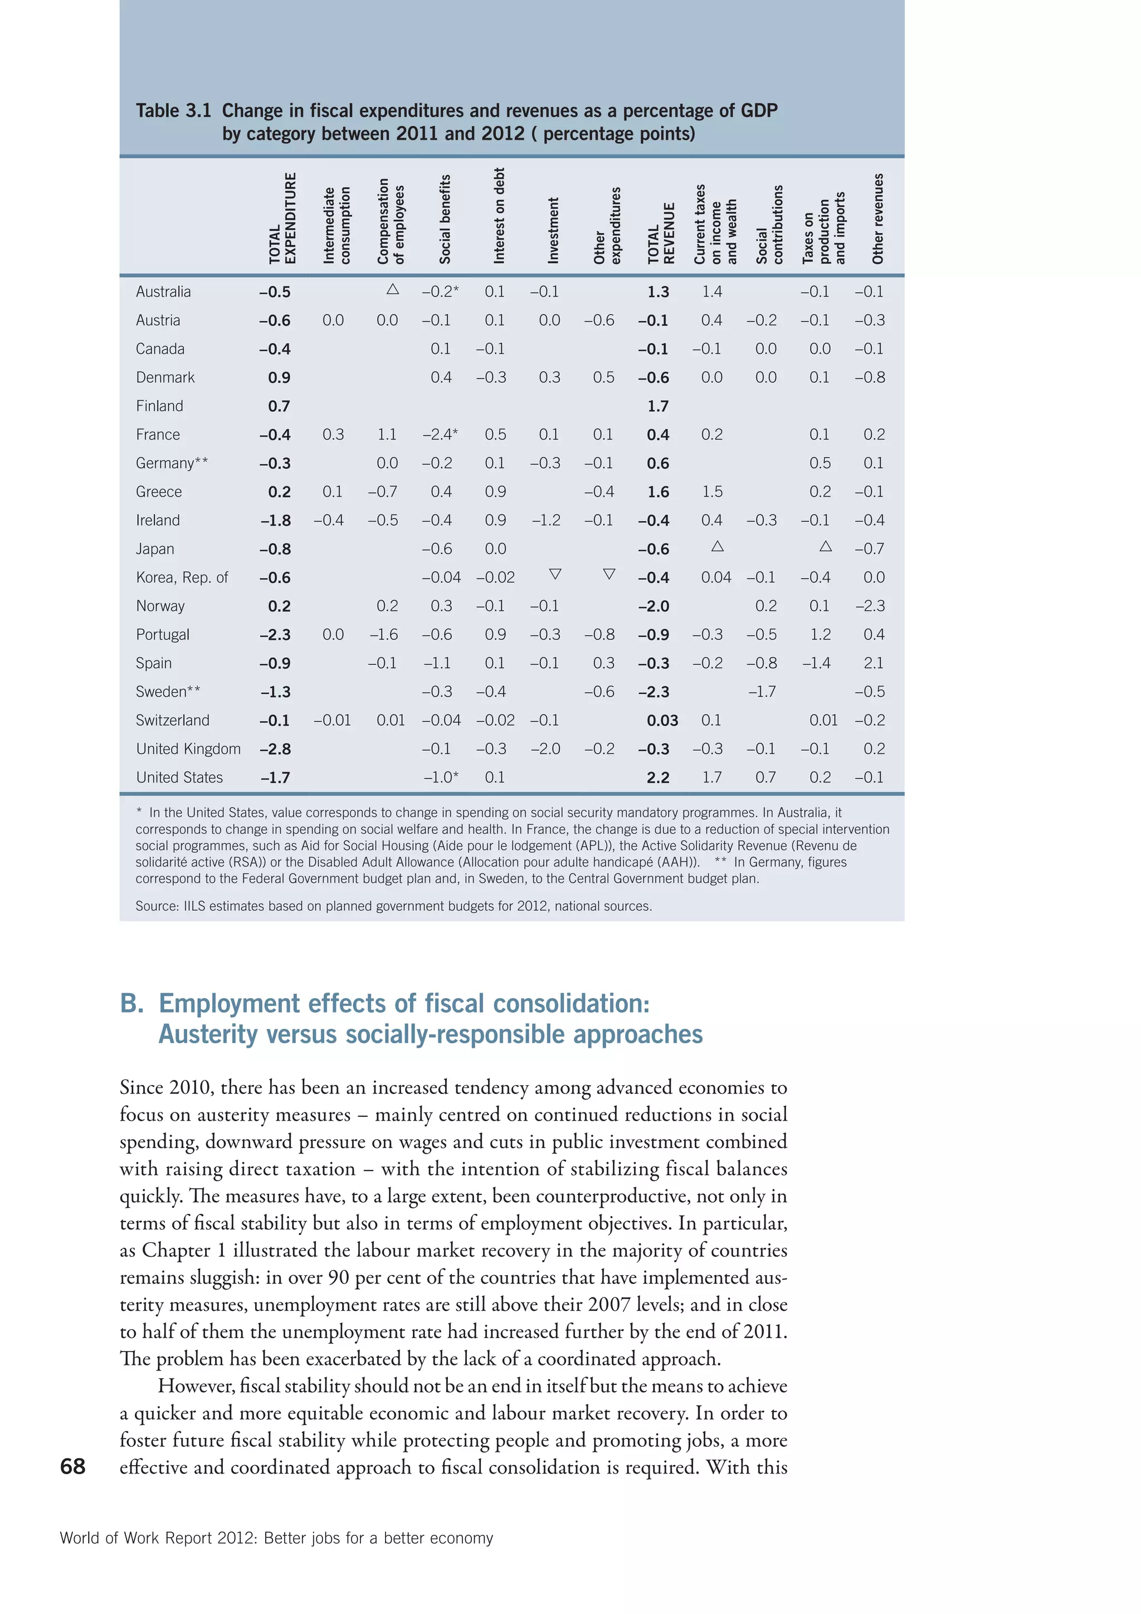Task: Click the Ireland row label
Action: pyautogui.click(x=158, y=520)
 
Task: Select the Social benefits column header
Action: pyautogui.click(x=445, y=220)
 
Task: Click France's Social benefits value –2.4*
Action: pyautogui.click(x=440, y=434)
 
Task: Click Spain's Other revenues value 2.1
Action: pyautogui.click(x=874, y=663)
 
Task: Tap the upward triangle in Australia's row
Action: pyautogui.click(x=393, y=289)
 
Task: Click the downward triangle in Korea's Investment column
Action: pyautogui.click(x=555, y=575)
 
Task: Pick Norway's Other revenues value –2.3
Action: pyautogui.click(x=870, y=606)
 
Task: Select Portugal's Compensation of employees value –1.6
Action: pyautogui.click(x=384, y=635)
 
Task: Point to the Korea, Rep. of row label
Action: pyautogui.click(x=182, y=578)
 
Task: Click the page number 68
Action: pyautogui.click(x=72, y=1466)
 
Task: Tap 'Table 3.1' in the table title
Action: pyautogui.click(x=173, y=111)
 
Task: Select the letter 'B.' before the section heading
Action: pyautogui.click(x=132, y=1003)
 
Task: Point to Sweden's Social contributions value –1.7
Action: pyautogui.click(x=762, y=692)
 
